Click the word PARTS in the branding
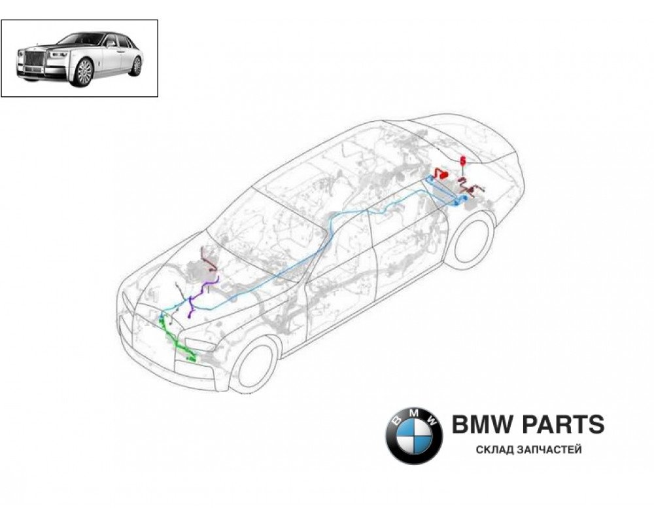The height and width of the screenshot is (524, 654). [562, 424]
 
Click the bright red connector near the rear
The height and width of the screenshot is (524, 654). [439, 174]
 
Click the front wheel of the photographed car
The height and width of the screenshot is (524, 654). [84, 71]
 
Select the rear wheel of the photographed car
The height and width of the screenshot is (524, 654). [136, 65]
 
